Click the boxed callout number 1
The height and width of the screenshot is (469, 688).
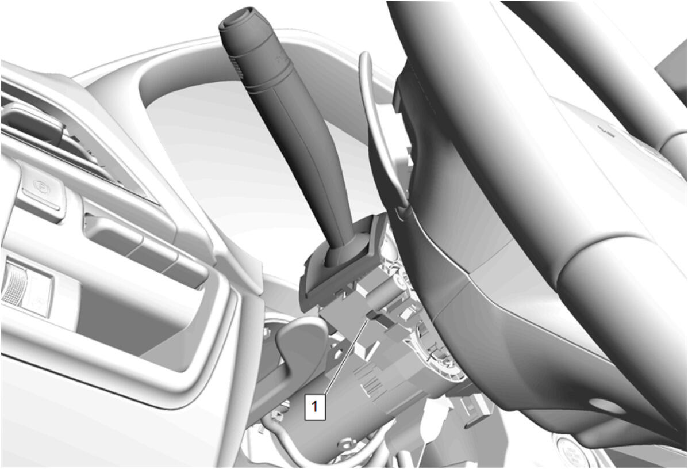click(x=314, y=406)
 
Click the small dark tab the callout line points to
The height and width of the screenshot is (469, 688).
click(x=374, y=314)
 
